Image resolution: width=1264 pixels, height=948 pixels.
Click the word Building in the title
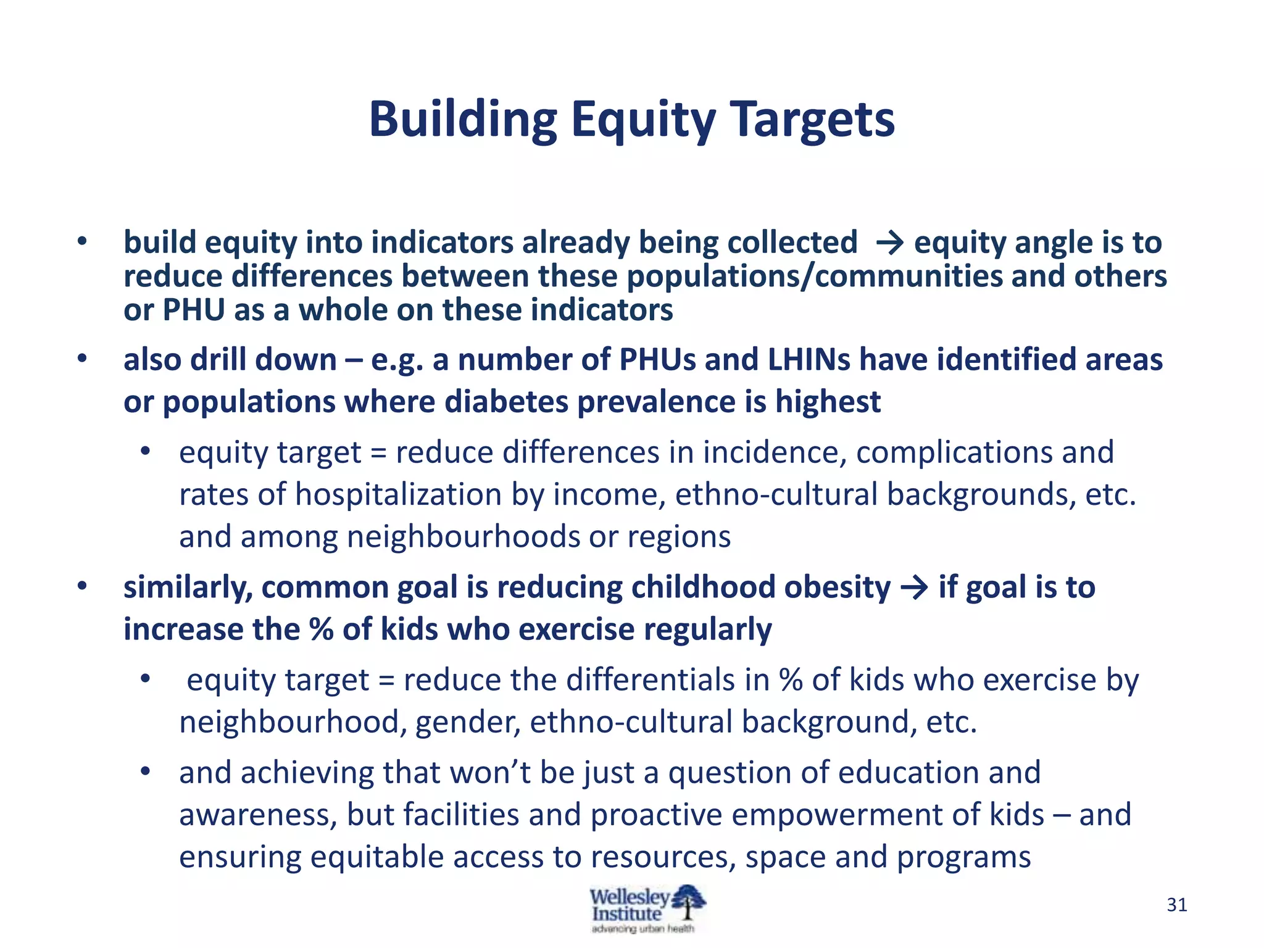point(463,120)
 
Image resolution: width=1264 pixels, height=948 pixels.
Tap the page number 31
point(1177,905)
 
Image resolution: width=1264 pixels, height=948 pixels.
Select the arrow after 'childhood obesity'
point(914,588)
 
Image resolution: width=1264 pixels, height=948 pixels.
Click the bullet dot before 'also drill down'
point(82,358)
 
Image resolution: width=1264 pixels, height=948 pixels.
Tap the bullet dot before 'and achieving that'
point(145,771)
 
